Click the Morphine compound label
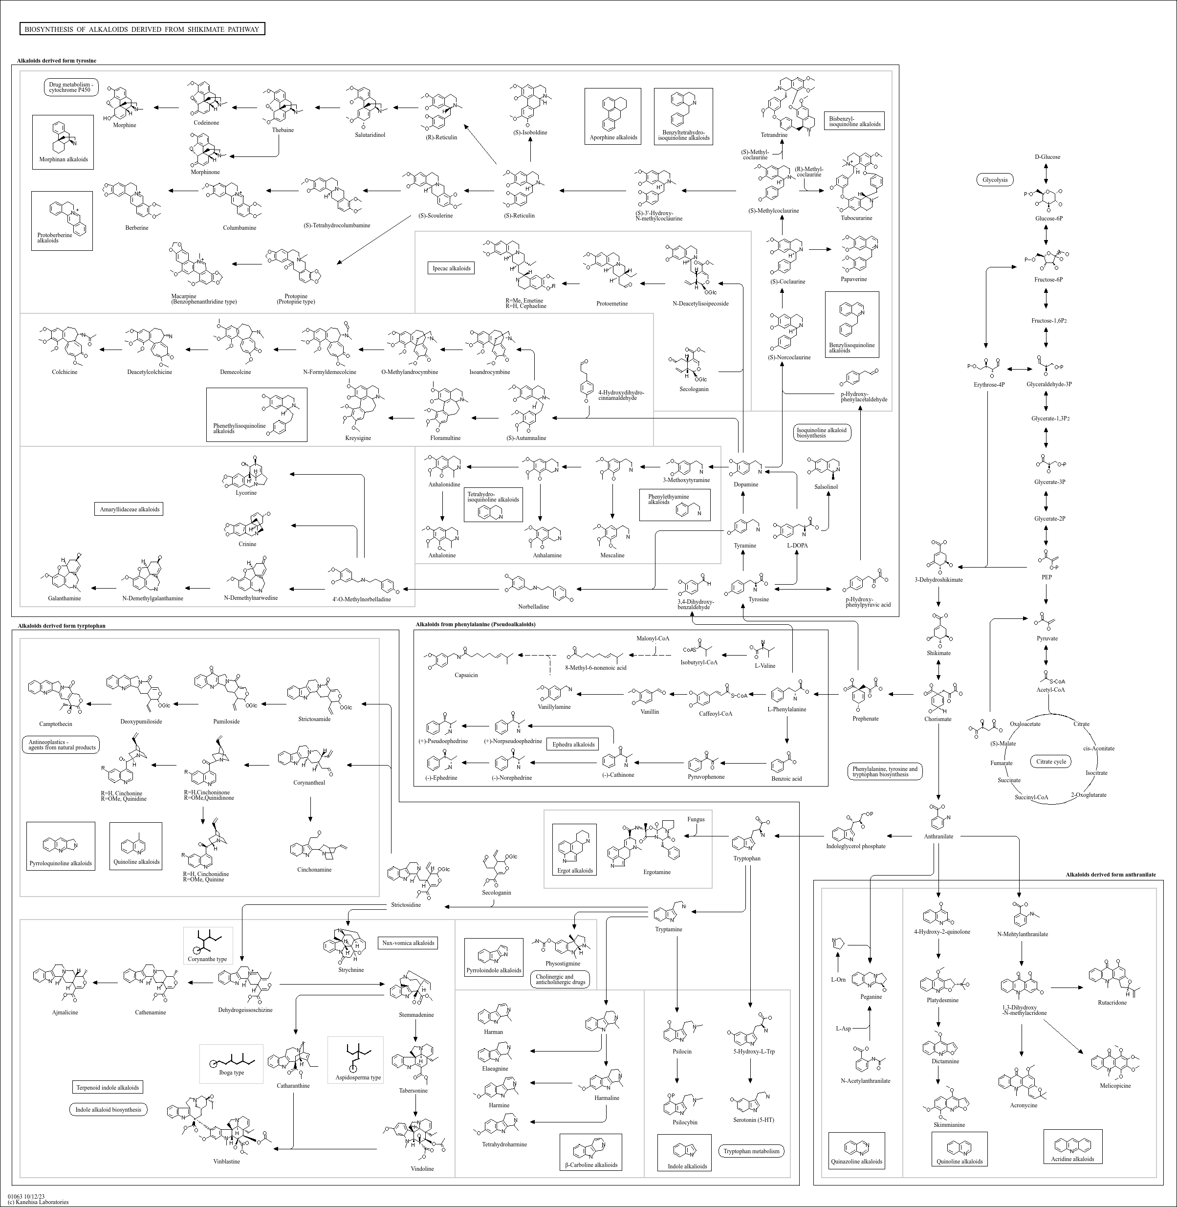tap(124, 126)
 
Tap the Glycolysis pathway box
tap(995, 180)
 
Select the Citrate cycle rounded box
tap(1051, 761)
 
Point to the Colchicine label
tap(65, 372)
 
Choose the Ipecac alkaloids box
tap(451, 268)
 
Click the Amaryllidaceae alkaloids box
tap(130, 509)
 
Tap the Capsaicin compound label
tap(466, 675)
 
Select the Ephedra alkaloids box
tap(574, 745)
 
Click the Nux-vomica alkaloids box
tap(408, 943)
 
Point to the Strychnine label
tap(351, 969)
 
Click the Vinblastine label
tap(226, 1161)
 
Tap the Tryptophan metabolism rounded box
tap(752, 1151)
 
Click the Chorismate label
tap(938, 719)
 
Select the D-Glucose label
tap(1047, 157)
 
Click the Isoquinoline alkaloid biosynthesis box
tap(822, 433)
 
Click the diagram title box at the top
tap(142, 29)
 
